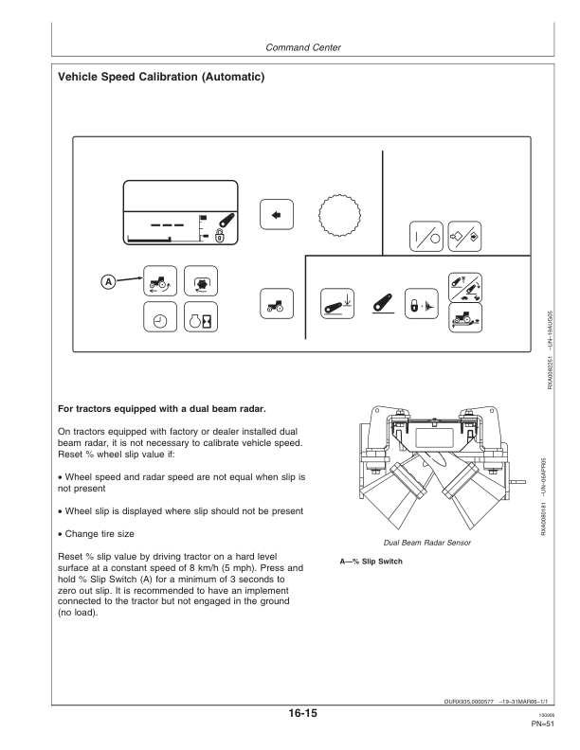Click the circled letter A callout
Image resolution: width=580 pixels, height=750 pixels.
[109, 282]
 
